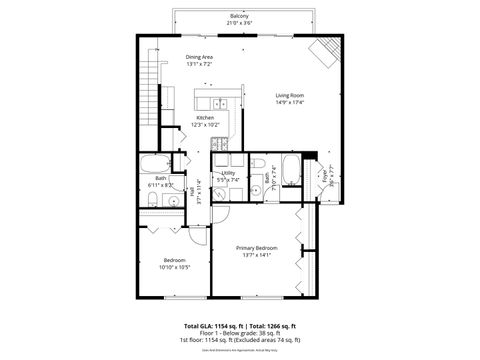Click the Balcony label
[x=239, y=15]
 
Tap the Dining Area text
[x=200, y=57]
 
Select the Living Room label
[x=289, y=96]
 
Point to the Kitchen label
[x=205, y=119]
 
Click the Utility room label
[x=228, y=173]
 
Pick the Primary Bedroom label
[x=257, y=247]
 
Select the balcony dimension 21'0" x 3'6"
[x=239, y=22]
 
